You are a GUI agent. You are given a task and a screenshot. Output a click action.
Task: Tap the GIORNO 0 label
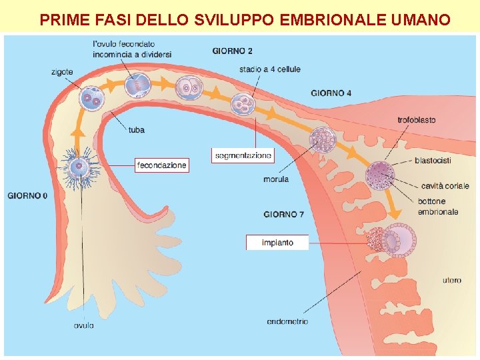point(27,196)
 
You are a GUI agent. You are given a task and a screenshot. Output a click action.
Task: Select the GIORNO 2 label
point(233,51)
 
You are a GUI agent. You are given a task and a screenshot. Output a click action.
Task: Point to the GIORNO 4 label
point(331,93)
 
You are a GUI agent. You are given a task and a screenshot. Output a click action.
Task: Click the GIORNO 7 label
point(284,214)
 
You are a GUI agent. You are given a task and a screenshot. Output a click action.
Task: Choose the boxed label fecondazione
point(162,165)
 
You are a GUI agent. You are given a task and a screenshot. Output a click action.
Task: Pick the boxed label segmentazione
point(243,155)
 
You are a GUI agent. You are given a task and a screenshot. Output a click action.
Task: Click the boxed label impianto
point(277,242)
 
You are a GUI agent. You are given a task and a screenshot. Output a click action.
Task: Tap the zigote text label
point(61,72)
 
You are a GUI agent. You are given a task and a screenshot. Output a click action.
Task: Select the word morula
point(276,179)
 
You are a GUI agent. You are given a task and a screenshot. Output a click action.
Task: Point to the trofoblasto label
point(417,120)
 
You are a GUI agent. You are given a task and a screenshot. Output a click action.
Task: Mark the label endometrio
point(287,322)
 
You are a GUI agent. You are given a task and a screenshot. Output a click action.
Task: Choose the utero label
point(451,280)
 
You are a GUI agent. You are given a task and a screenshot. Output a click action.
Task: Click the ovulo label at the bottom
point(83,325)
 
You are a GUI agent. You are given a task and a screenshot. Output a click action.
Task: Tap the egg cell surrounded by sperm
point(80,166)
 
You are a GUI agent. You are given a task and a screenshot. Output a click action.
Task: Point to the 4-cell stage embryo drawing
point(243,103)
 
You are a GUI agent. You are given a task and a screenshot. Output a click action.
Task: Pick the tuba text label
point(136,130)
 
